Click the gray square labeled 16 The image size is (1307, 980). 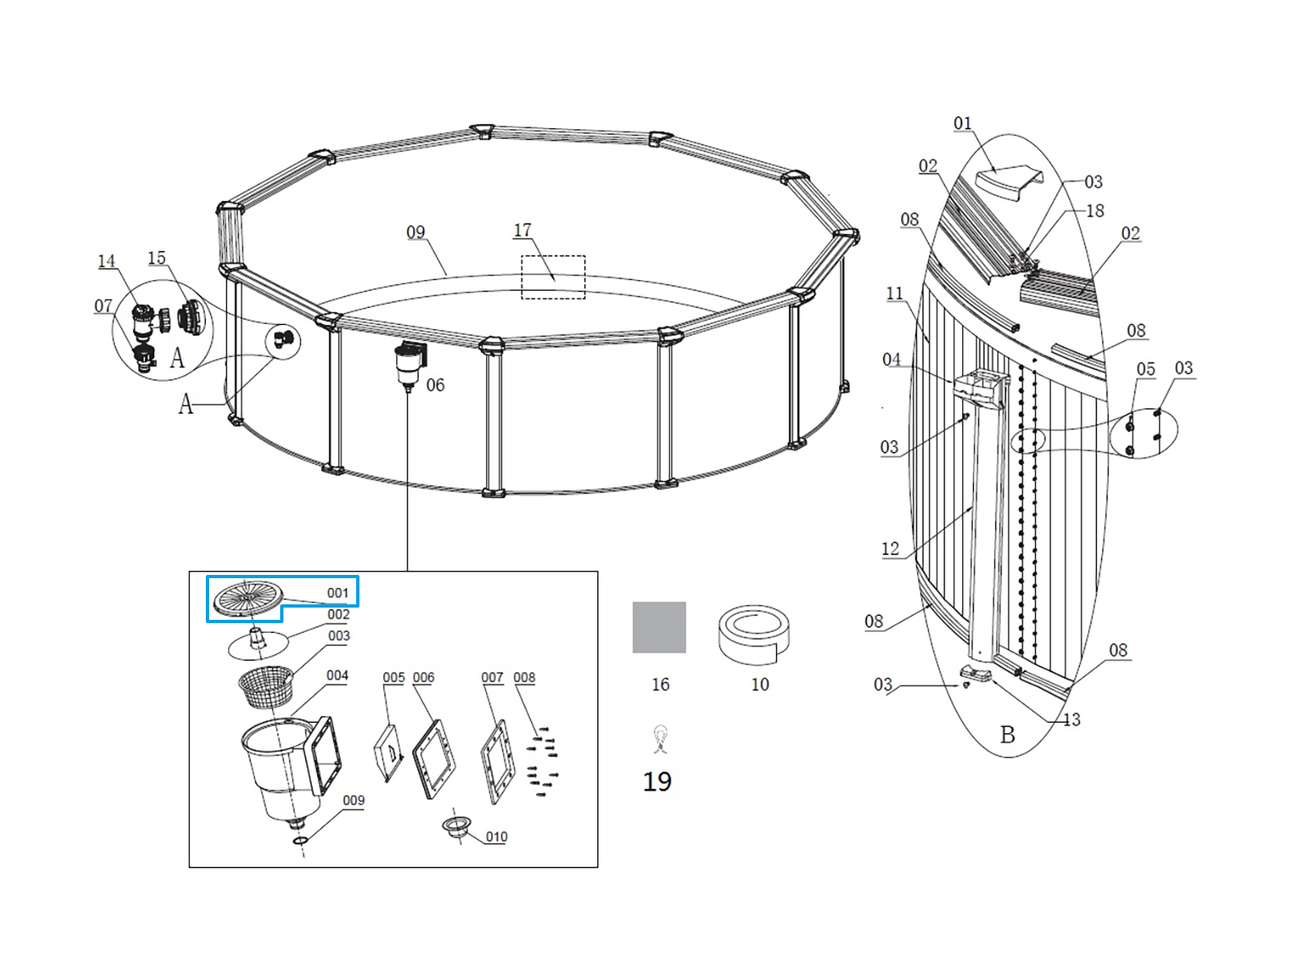coord(659,627)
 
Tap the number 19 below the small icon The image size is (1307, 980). coord(657,782)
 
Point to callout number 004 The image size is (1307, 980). coord(337,675)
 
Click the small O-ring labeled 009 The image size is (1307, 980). coord(300,840)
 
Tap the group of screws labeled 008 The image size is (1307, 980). coord(541,760)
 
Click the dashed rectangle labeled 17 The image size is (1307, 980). coord(553,277)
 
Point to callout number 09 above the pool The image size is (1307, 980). coord(416,233)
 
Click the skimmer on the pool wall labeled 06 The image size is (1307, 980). coord(409,363)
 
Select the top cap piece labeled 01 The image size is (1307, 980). coord(1010,183)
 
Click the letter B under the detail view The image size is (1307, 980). coord(1008,735)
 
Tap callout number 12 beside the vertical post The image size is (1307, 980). coord(890,549)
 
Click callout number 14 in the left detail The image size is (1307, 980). coord(107,261)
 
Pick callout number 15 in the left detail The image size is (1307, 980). coord(157,258)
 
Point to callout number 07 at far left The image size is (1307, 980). coord(103,305)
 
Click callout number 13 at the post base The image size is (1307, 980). coord(1072,719)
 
